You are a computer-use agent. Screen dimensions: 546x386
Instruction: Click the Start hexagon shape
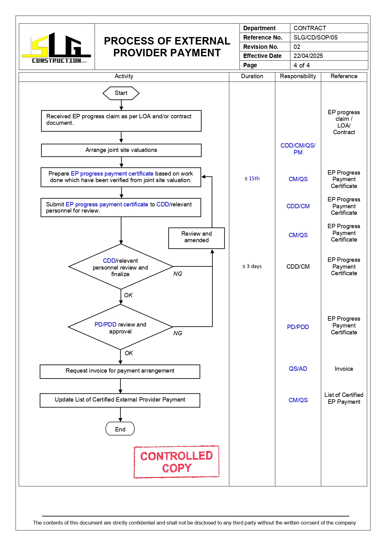121,93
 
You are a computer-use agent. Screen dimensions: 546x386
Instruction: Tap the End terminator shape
120,429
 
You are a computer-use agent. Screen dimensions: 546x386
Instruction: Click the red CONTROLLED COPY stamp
176,462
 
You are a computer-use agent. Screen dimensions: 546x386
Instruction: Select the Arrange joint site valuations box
121,150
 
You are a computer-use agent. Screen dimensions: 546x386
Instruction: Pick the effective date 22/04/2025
308,56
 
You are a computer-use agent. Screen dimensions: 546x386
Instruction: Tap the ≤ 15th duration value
252,179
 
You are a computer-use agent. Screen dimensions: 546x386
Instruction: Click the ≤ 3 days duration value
252,266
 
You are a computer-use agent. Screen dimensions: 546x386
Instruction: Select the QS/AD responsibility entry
298,369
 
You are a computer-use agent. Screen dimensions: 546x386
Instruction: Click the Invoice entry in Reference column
344,369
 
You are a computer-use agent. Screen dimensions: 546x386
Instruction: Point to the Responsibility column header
298,76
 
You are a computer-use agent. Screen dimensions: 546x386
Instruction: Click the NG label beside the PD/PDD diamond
178,333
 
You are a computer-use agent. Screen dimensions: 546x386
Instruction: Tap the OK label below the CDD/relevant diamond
128,295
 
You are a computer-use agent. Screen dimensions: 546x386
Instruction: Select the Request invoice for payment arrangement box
120,371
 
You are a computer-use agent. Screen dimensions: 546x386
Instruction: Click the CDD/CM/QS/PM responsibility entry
298,149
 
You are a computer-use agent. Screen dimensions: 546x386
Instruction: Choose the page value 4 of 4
301,65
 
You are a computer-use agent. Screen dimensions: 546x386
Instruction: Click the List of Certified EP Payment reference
344,398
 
